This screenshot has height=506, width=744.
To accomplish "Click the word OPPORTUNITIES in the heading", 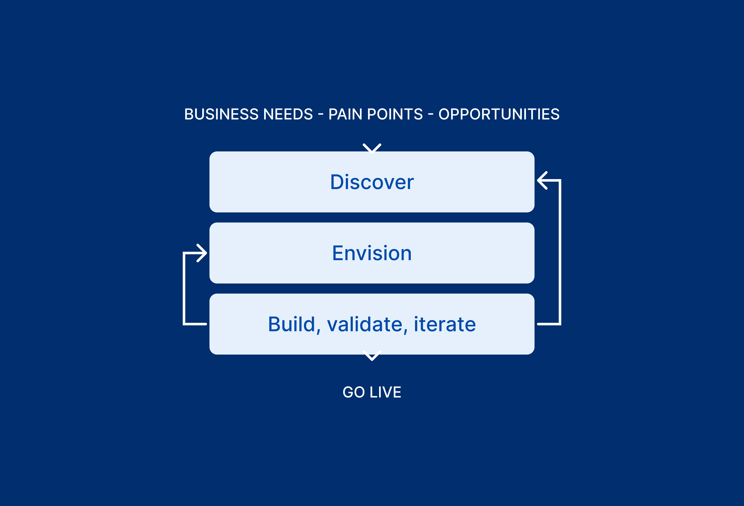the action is click(x=499, y=114).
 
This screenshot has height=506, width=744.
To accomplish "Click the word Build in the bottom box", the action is click(x=292, y=324).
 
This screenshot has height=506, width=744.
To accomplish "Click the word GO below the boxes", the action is click(x=354, y=392).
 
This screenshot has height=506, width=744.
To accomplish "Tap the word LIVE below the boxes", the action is click(x=385, y=392).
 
